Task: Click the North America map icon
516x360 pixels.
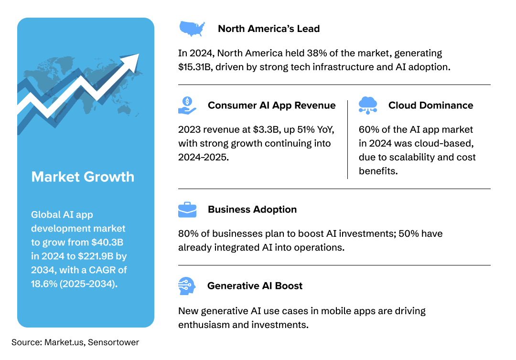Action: pos(192,28)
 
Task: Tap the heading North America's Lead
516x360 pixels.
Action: pos(269,29)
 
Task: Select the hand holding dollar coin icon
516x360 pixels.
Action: pos(187,105)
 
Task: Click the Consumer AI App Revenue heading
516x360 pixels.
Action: pos(271,106)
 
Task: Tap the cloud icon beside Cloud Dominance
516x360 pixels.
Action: pos(368,105)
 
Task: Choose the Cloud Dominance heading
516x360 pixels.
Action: pos(430,106)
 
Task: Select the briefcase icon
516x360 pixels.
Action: pos(187,210)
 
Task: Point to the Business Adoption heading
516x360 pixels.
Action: pos(252,210)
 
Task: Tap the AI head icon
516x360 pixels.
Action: pos(187,286)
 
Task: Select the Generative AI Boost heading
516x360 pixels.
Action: pos(255,286)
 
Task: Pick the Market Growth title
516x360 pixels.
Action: pos(83,177)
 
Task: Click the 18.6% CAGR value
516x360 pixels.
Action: pos(44,284)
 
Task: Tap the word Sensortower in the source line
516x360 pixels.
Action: pos(113,342)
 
